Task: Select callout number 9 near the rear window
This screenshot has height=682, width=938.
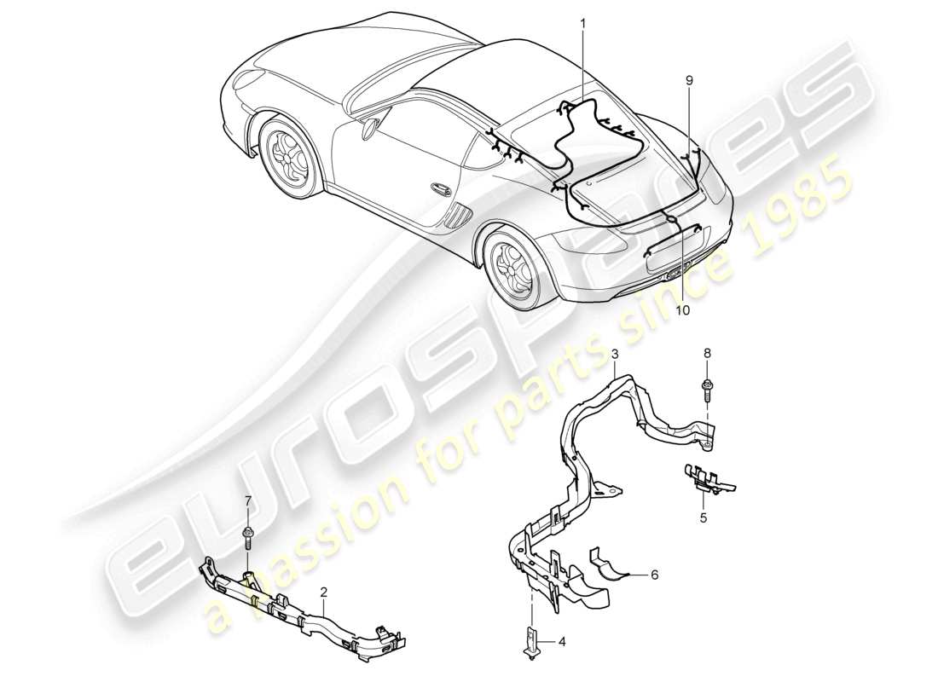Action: (689, 79)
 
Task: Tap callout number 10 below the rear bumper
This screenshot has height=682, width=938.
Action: (683, 311)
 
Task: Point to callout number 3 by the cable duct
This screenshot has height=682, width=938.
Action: (614, 354)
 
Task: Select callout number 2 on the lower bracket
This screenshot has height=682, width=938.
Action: (324, 591)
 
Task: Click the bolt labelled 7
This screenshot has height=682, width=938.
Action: (249, 538)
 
